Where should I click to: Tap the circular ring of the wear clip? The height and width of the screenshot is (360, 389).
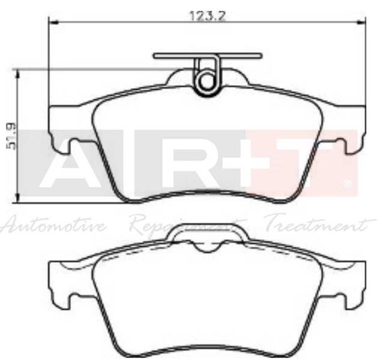click(x=208, y=81)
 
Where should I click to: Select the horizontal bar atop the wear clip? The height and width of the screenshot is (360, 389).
click(x=208, y=56)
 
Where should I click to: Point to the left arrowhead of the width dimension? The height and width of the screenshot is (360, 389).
click(x=52, y=23)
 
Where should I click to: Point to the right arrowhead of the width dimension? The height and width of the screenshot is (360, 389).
click(x=361, y=23)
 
